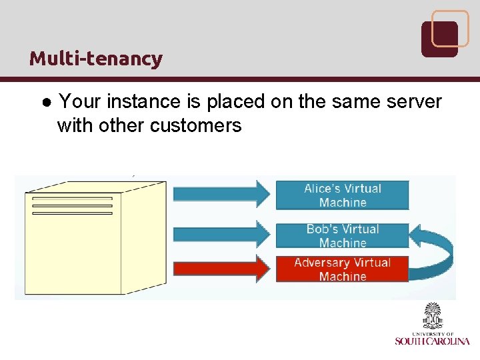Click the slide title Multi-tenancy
tap(95, 59)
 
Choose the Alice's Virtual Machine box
tap(342, 195)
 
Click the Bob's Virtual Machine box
tap(342, 235)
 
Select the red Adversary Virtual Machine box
tap(342, 269)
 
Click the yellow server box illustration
tap(93, 240)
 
